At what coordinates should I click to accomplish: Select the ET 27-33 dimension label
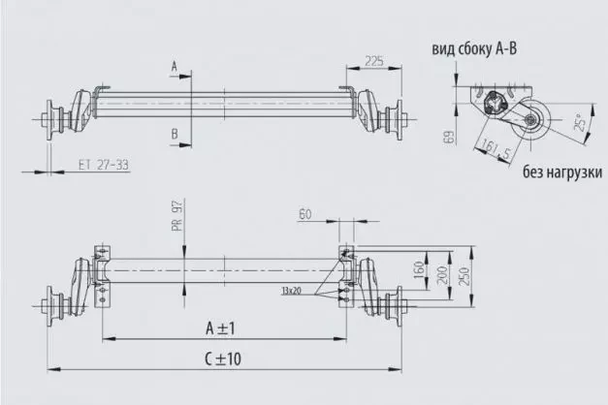102,166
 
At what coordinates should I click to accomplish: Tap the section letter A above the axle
174,66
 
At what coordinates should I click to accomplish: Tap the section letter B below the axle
174,132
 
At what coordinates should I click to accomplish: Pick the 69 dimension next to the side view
449,138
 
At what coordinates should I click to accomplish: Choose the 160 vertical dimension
420,267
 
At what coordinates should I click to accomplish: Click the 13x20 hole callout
291,290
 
